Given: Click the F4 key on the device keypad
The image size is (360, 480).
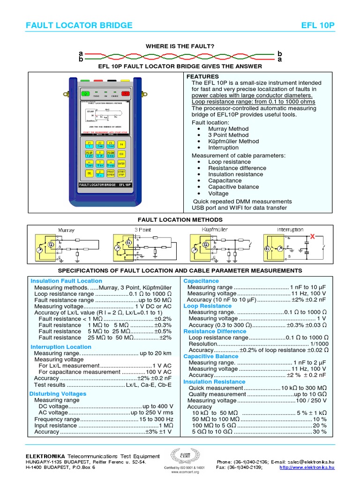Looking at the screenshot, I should (x=121, y=144).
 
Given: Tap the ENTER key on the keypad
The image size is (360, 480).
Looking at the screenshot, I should (x=121, y=164).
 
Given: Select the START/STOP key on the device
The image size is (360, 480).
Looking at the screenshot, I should (x=121, y=173).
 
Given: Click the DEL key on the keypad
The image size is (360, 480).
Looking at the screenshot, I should (x=89, y=173).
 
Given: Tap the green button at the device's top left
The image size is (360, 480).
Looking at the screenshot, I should (x=85, y=81).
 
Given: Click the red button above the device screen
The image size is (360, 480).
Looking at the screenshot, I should (x=125, y=81).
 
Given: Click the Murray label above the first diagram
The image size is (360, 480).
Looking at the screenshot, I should (x=66, y=230).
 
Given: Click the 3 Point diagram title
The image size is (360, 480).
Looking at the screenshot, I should (x=143, y=230).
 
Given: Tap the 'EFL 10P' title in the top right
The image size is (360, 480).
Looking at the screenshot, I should (x=319, y=25).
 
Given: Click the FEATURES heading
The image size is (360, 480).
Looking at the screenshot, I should (x=202, y=76).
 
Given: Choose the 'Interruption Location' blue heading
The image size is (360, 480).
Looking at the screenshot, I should (x=61, y=347).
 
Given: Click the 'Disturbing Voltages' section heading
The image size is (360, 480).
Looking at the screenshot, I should (x=58, y=394).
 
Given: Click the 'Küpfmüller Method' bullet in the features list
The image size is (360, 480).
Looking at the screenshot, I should (x=233, y=141).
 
